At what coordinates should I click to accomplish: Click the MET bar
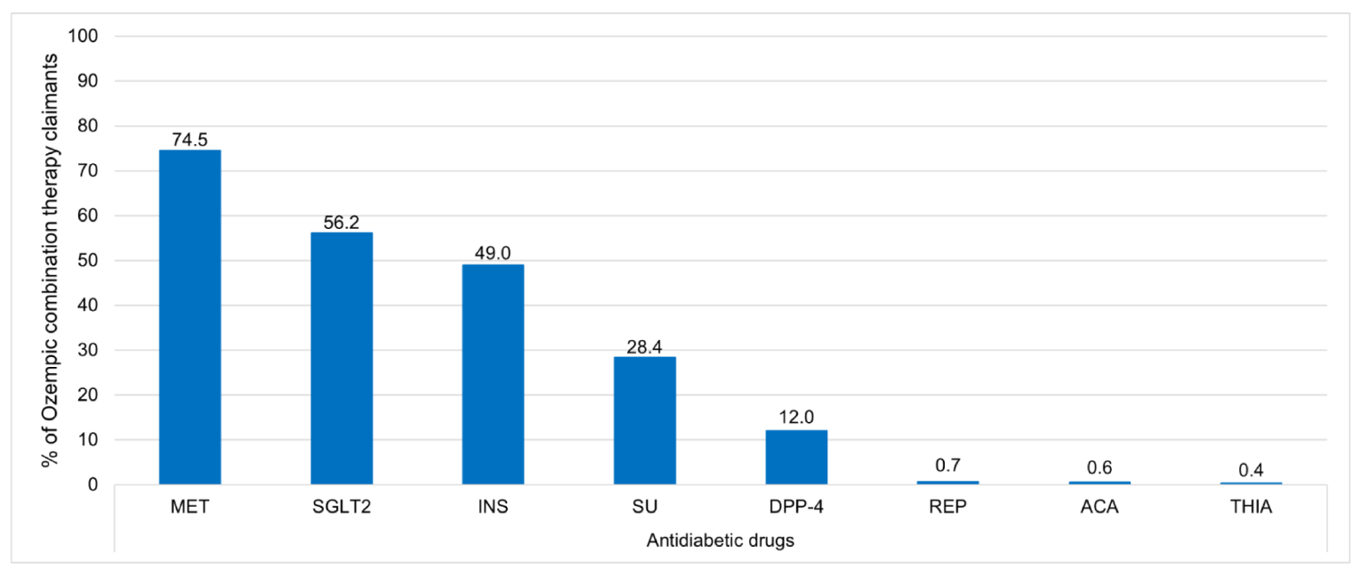pyautogui.click(x=189, y=317)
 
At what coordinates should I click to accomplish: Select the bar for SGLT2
pyautogui.click(x=342, y=358)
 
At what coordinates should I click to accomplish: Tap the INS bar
pyautogui.click(x=493, y=374)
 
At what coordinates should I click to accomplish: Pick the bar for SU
pyautogui.click(x=645, y=420)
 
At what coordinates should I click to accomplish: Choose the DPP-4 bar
pyautogui.click(x=796, y=457)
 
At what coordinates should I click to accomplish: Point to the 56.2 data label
pyautogui.click(x=342, y=223)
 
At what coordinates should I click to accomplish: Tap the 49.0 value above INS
pyautogui.click(x=493, y=255)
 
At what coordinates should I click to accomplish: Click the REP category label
pyautogui.click(x=948, y=509)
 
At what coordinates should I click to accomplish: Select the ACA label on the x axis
pyautogui.click(x=1099, y=509)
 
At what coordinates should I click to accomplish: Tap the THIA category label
pyautogui.click(x=1252, y=509)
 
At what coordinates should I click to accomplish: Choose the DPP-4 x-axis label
pyautogui.click(x=796, y=509)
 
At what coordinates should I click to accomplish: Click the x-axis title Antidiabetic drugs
pyautogui.click(x=721, y=541)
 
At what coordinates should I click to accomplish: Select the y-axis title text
pyautogui.click(x=52, y=262)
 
